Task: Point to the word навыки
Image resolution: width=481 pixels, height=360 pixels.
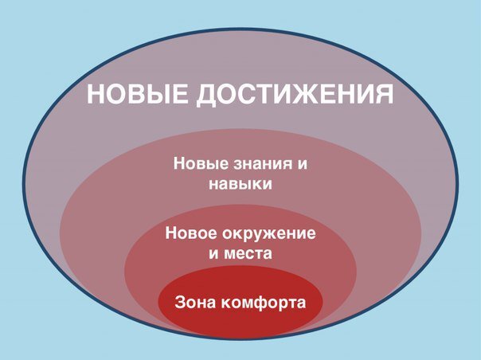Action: [x=240, y=184]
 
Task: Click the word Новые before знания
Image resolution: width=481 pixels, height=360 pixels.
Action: [x=199, y=165]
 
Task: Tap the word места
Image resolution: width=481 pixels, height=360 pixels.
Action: [x=248, y=255]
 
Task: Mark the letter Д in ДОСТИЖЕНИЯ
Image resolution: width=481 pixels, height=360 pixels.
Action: [x=205, y=96]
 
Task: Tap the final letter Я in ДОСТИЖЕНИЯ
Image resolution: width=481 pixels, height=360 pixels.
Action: [x=383, y=95]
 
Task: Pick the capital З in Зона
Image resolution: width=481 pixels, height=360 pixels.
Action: [x=179, y=303]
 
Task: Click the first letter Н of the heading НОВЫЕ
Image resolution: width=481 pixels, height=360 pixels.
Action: [x=96, y=95]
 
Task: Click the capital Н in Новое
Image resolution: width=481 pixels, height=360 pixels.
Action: [x=171, y=235]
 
